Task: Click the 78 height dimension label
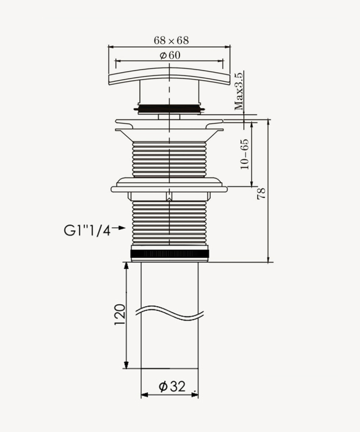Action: (x=261, y=193)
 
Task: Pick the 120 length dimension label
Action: (x=119, y=314)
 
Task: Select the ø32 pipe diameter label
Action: (x=171, y=387)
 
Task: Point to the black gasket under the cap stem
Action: (x=169, y=108)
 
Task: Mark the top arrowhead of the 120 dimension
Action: (x=126, y=267)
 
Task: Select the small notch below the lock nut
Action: (x=168, y=198)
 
